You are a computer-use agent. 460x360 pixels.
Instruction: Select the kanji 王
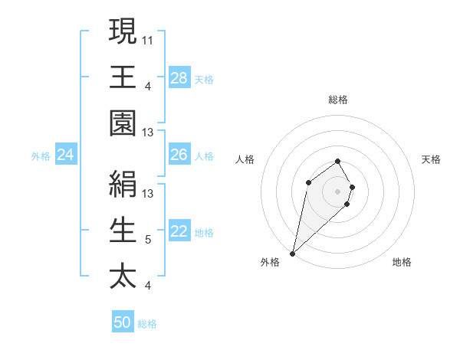tap(123, 77)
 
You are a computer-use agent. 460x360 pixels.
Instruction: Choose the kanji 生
tap(123, 229)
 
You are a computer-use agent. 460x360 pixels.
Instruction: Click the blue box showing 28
tap(179, 77)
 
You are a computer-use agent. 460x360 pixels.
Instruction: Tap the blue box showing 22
tap(179, 232)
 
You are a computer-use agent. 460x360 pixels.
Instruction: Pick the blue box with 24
tap(66, 155)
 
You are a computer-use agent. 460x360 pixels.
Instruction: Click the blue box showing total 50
tap(123, 322)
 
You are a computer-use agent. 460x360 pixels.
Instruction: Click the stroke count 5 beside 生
tap(148, 240)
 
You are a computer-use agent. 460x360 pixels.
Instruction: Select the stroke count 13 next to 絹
tap(148, 193)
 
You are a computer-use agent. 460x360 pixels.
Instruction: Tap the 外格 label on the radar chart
tap(270, 262)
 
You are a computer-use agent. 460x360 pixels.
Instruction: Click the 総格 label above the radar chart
tap(337, 100)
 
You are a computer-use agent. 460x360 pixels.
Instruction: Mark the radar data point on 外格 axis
tap(293, 253)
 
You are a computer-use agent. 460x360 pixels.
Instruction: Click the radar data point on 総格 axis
tap(337, 161)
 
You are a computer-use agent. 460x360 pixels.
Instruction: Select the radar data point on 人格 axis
tap(308, 182)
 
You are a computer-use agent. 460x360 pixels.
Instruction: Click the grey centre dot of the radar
tap(337, 191)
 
